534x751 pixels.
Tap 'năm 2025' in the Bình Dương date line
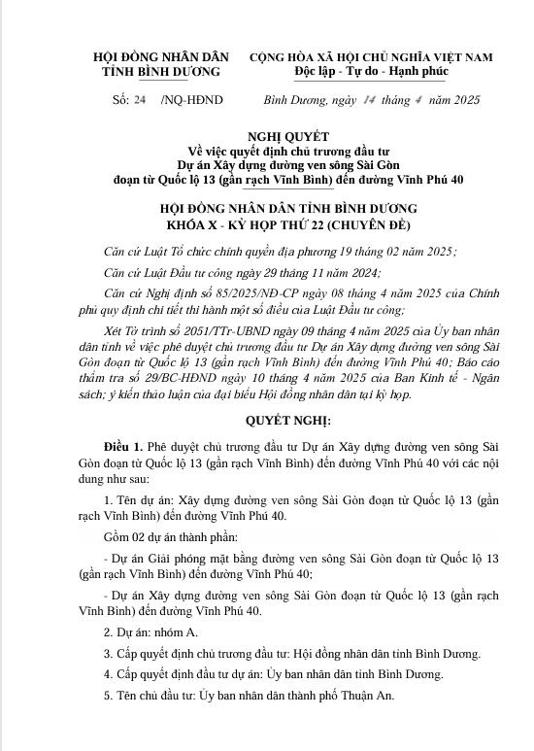pyautogui.click(x=453, y=100)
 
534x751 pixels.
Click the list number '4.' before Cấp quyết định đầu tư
pyautogui.click(x=107, y=673)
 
